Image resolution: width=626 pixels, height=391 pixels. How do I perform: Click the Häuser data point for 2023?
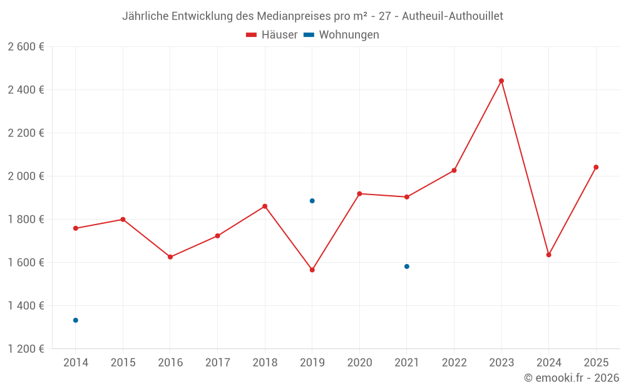(501, 81)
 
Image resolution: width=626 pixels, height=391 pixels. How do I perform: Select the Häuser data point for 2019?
(312, 270)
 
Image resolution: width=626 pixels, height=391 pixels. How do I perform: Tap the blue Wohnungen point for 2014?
(76, 320)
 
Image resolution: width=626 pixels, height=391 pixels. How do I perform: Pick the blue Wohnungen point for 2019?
(312, 201)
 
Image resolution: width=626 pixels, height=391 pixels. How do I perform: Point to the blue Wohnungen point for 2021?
(407, 267)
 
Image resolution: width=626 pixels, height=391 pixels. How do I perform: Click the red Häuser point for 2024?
(549, 255)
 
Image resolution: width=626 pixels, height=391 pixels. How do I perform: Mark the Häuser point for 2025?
(596, 167)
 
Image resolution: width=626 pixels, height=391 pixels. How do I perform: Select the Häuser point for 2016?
(170, 257)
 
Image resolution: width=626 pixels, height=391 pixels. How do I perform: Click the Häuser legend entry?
(272, 35)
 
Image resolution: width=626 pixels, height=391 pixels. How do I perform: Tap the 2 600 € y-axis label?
(26, 47)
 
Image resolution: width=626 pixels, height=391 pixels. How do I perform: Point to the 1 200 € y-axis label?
(26, 349)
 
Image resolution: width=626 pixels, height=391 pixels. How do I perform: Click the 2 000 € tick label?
(26, 176)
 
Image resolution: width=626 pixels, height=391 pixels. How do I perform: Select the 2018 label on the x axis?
(265, 363)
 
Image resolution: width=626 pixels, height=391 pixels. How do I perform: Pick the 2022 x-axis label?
(454, 363)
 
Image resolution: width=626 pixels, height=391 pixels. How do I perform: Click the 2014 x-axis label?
(76, 363)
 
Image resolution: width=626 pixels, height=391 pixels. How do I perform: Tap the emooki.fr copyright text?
(571, 378)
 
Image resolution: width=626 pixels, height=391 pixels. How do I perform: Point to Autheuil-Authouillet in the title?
(453, 16)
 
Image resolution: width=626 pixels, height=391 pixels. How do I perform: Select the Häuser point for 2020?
(359, 194)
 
